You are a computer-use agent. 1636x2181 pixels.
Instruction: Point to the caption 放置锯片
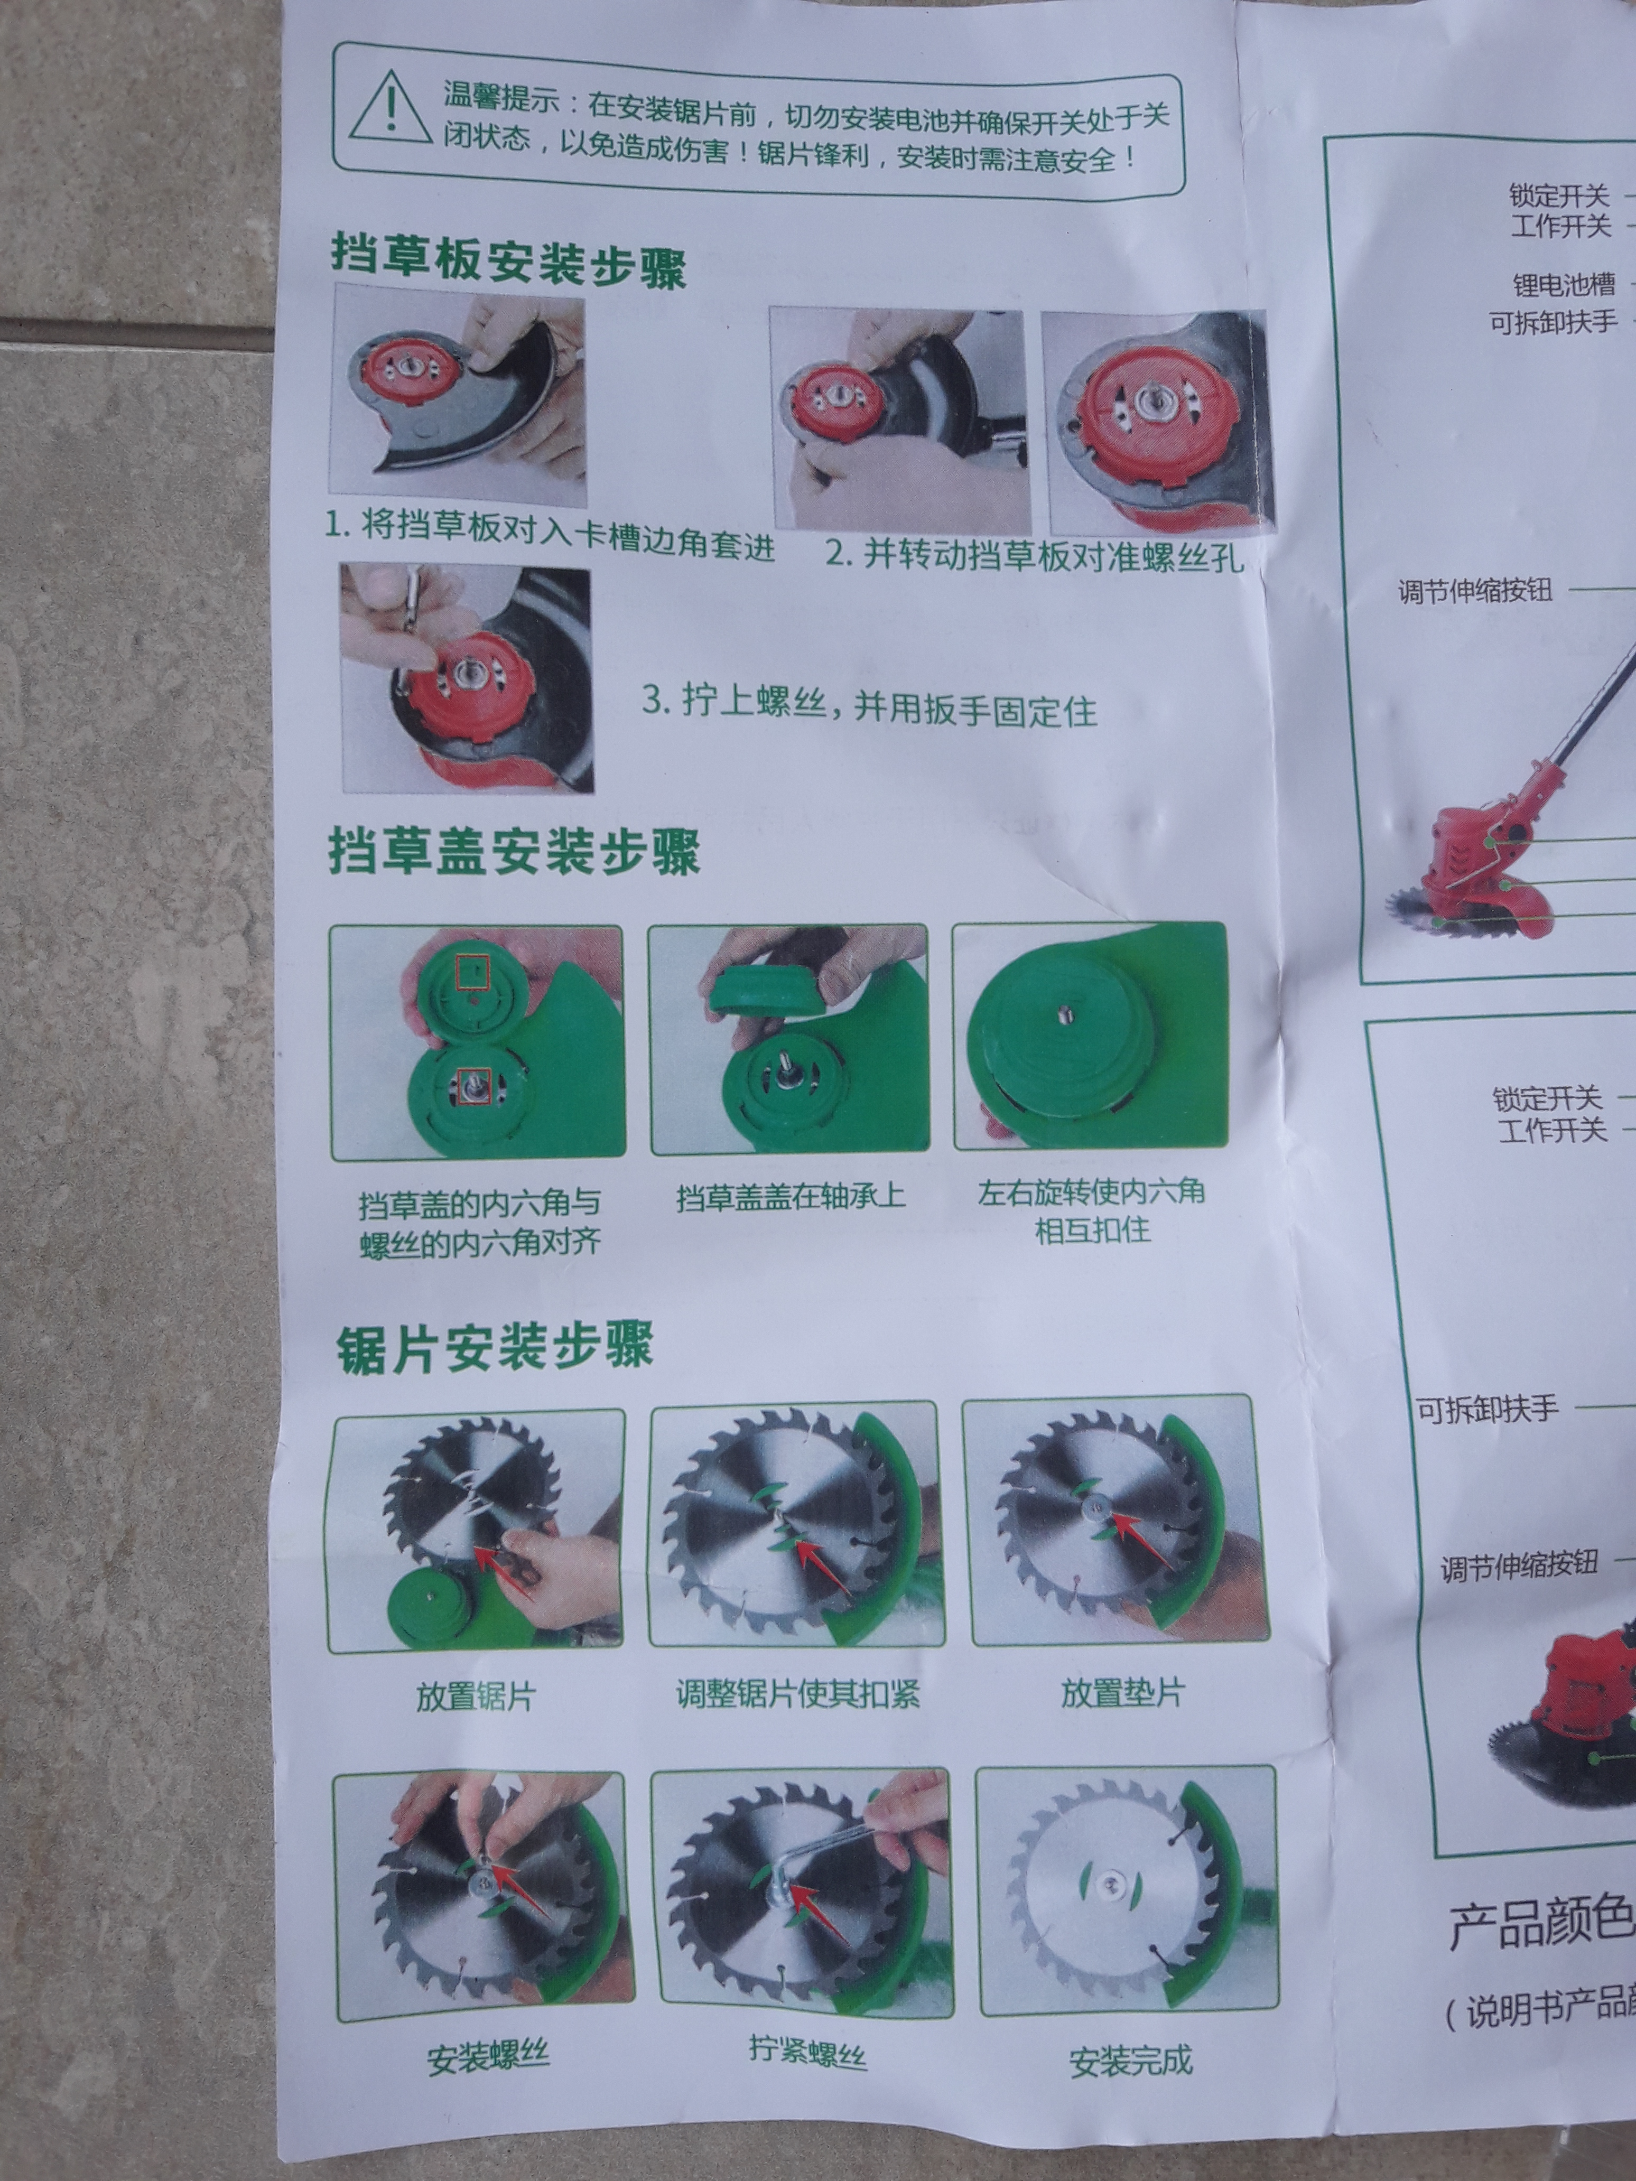click(476, 1696)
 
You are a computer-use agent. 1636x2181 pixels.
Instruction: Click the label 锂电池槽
click(1564, 285)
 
